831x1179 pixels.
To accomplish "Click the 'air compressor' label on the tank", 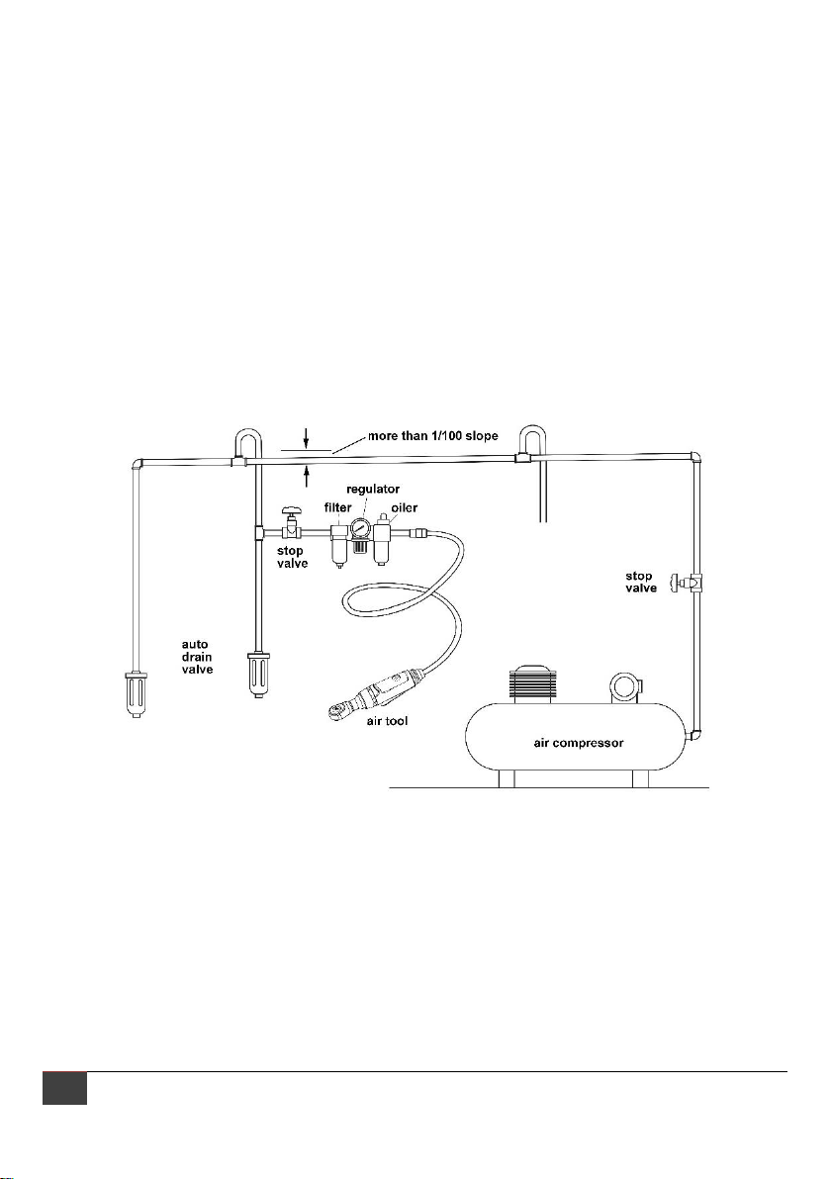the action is [577, 742].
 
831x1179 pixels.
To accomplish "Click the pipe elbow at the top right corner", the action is [696, 459].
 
